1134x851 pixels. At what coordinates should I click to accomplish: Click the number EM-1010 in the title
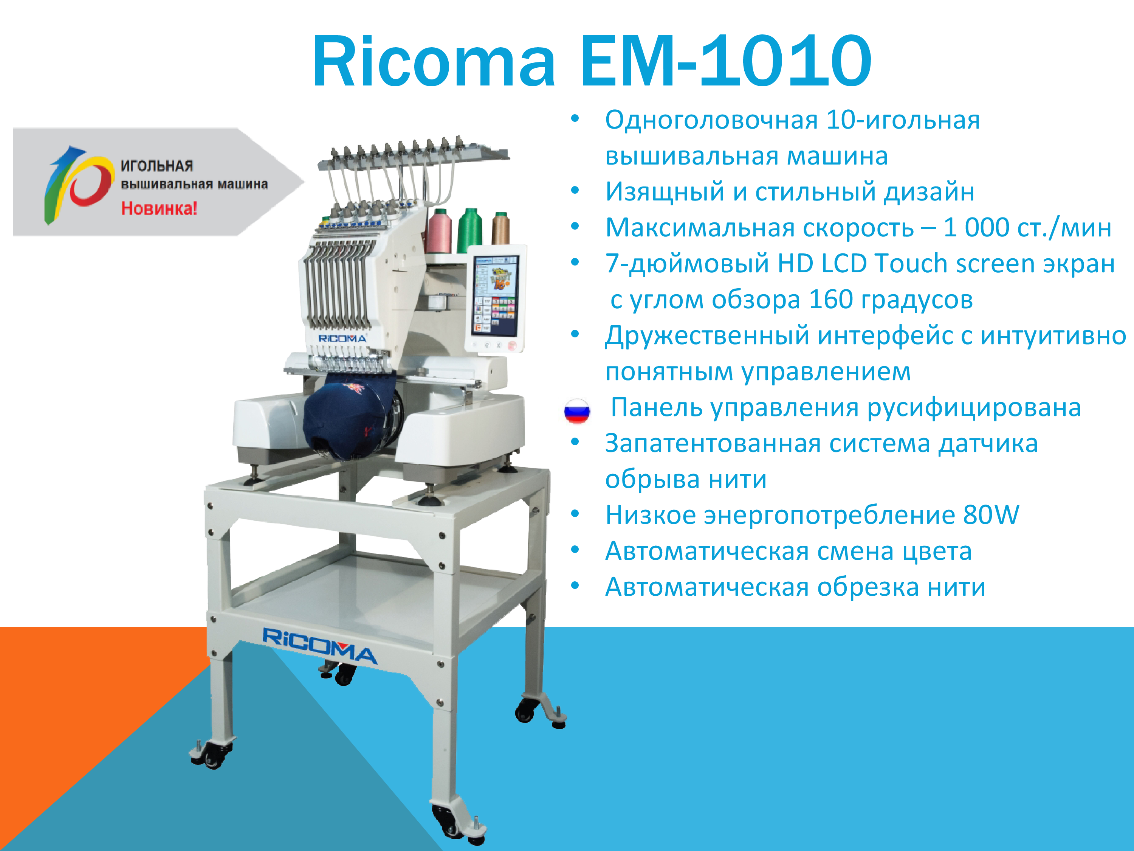[x=725, y=61]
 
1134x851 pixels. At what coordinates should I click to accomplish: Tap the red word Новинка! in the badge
[x=159, y=209]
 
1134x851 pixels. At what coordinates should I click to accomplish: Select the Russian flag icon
[x=577, y=411]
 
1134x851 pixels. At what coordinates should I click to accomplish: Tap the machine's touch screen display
[x=495, y=296]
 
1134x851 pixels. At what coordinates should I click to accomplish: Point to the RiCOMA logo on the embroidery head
[x=342, y=339]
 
